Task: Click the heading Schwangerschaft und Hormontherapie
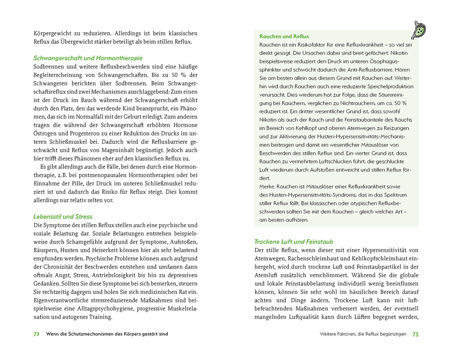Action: coord(88,58)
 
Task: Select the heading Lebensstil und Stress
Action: coord(63,217)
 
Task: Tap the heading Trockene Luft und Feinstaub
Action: coord(294,242)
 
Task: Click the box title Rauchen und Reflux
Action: coord(284,36)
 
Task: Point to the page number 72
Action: coord(36,334)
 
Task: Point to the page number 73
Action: coord(415,334)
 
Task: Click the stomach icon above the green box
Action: coord(419,30)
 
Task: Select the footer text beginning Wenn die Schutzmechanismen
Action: coord(107,334)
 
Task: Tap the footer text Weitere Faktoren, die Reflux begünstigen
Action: coord(363,334)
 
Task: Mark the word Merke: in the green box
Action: coord(267,186)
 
